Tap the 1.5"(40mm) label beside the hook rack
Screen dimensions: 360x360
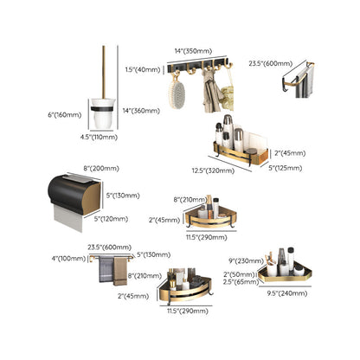pos(145,70)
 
